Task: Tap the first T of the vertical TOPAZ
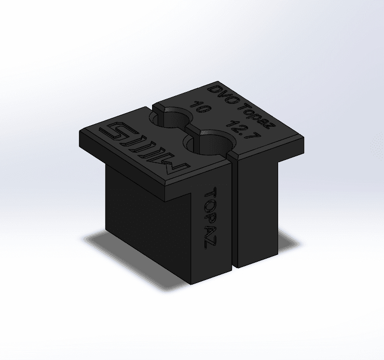pyautogui.click(x=209, y=193)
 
